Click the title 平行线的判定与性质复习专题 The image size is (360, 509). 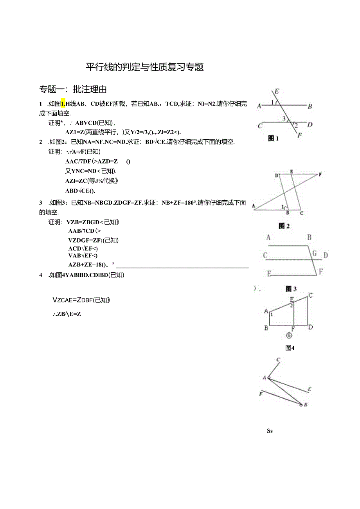pos(145,67)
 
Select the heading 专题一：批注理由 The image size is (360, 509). pos(73,89)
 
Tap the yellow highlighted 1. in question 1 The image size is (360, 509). pos(63,104)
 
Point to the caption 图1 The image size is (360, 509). pos(273,138)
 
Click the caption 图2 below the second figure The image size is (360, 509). pos(284,226)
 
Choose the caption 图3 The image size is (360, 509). pos(291,289)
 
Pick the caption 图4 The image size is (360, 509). pos(290,348)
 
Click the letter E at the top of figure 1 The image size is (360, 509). pos(276,92)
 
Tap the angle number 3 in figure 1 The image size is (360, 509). pos(284,118)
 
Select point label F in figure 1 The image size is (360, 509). pos(300,135)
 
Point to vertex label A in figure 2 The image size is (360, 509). pos(254,205)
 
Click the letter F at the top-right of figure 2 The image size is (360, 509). pos(320,174)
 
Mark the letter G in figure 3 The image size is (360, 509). pos(314,254)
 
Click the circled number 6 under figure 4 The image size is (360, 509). pos(288,335)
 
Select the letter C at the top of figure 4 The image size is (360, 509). pos(310,295)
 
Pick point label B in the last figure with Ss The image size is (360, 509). pos(306,405)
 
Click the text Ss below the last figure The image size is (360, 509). pos(270,431)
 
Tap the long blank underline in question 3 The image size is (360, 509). pos(182,266)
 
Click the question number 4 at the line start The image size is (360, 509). pos(41,275)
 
